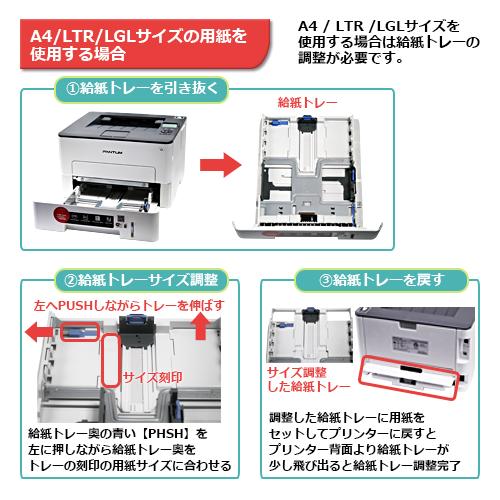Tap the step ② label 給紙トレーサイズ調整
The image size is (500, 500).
click(x=139, y=279)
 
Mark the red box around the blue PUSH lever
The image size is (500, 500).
click(x=80, y=329)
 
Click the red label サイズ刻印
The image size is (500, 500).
click(x=152, y=379)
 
